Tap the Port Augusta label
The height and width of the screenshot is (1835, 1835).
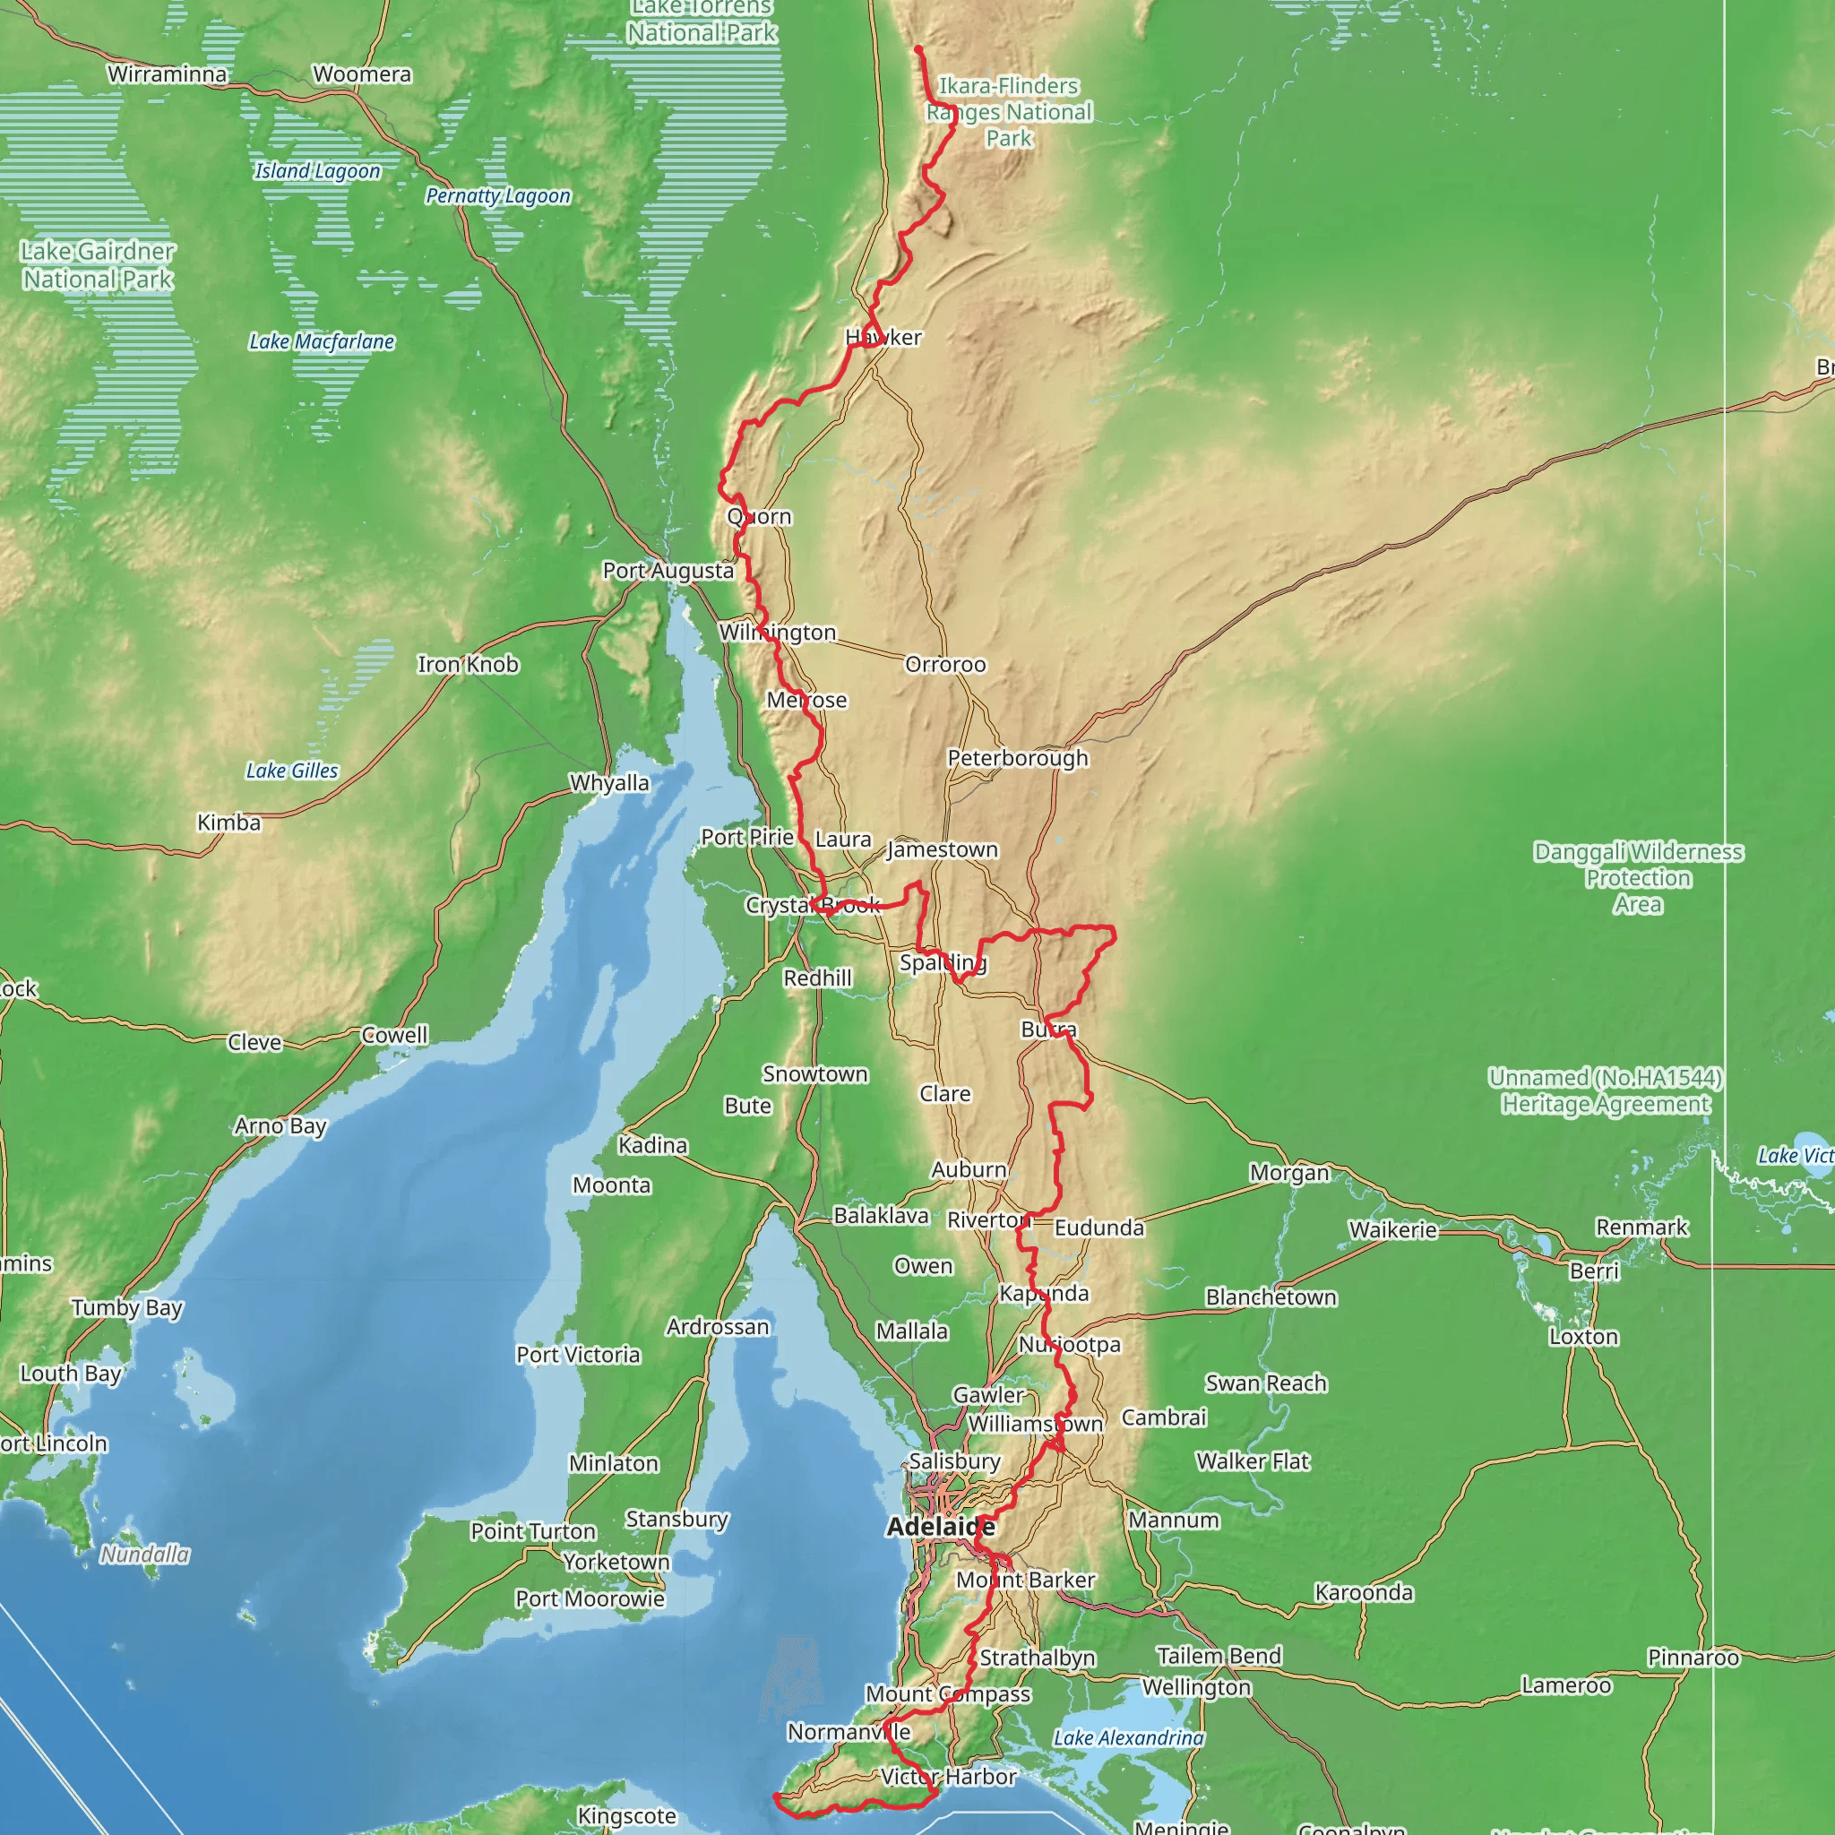click(668, 571)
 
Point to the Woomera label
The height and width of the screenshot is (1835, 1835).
click(362, 74)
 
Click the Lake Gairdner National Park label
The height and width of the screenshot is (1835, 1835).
click(98, 265)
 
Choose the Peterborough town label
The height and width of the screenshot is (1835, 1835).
click(1017, 758)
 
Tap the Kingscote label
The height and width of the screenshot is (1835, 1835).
click(627, 1816)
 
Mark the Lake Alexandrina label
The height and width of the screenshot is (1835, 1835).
click(1128, 1737)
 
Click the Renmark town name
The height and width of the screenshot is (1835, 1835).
click(1641, 1228)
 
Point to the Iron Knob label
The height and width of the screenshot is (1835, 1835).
click(469, 665)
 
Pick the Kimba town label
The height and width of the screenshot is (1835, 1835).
click(228, 823)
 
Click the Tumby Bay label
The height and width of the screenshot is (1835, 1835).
click(126, 1308)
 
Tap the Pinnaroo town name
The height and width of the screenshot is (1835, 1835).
click(1693, 1658)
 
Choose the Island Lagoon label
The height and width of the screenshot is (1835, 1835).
click(317, 171)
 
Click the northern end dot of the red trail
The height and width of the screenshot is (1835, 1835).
click(918, 48)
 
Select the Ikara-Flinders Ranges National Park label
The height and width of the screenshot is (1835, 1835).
click(1009, 112)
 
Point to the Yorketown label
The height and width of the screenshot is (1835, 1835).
click(616, 1562)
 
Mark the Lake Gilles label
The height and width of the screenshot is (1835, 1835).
click(291, 771)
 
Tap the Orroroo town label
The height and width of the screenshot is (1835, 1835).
click(945, 665)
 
